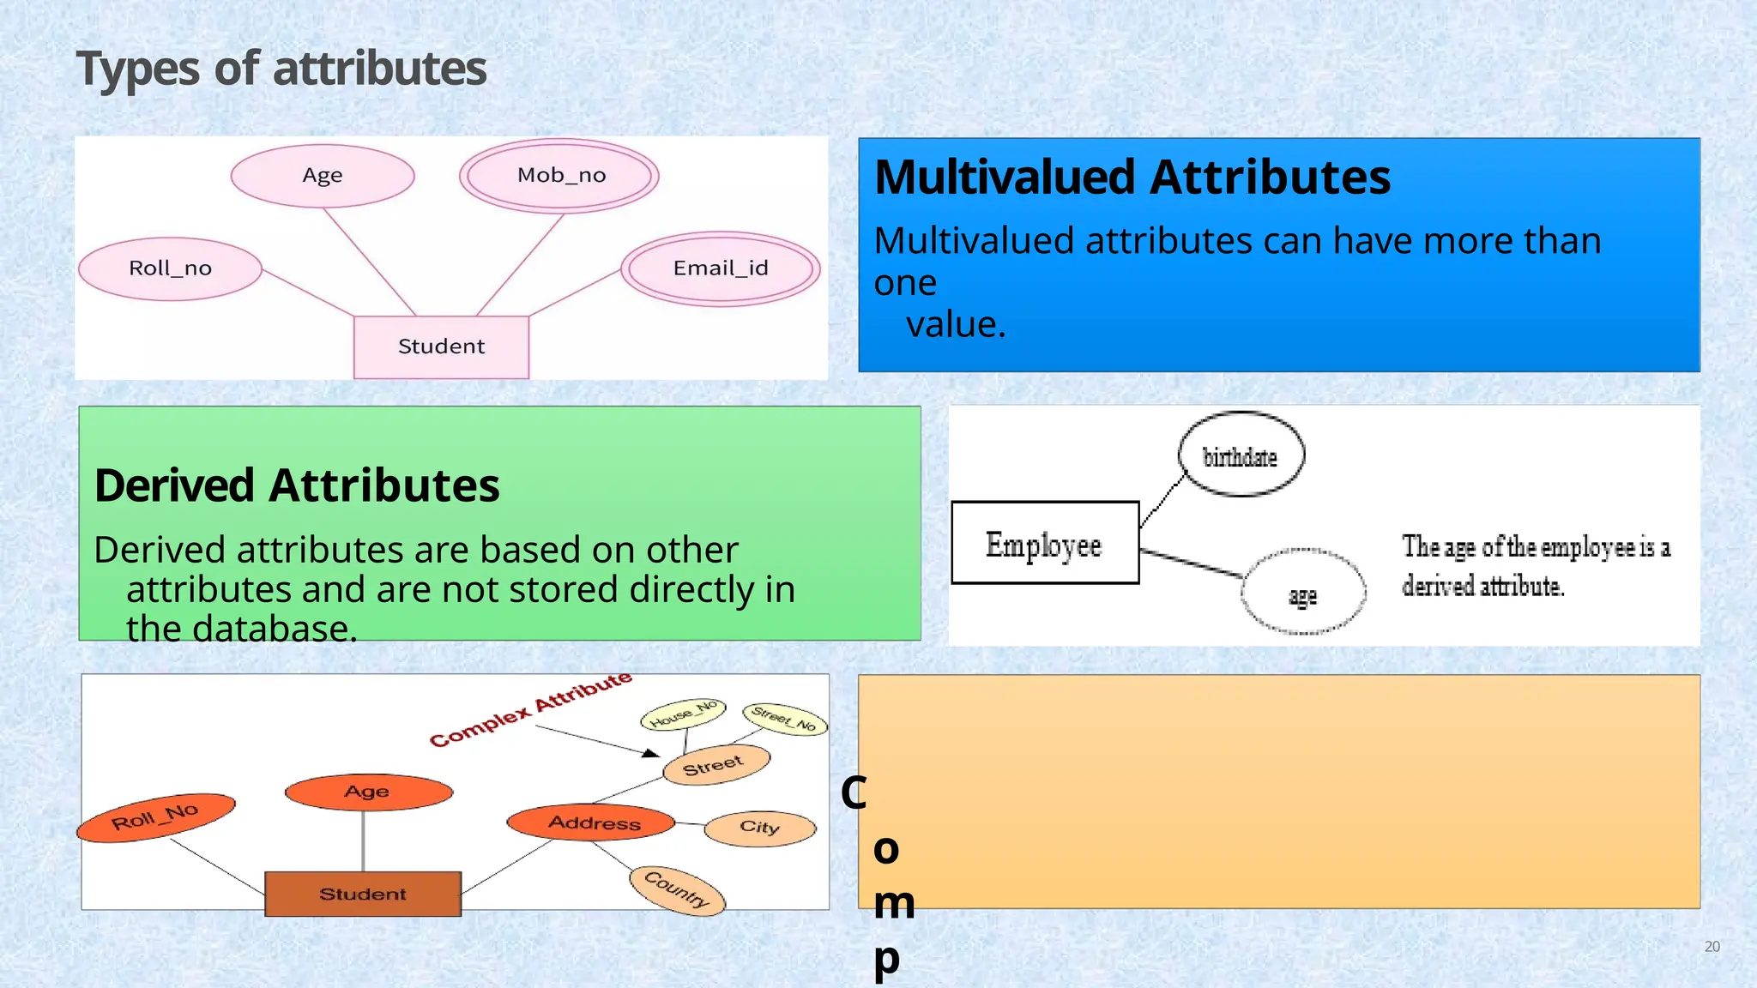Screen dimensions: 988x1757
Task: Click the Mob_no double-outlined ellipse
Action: click(559, 176)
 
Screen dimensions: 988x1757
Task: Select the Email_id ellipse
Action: click(721, 268)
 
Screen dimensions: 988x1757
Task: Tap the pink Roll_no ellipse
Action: click(170, 268)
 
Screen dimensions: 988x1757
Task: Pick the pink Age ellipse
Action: click(323, 176)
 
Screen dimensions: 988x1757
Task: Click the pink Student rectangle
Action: click(441, 346)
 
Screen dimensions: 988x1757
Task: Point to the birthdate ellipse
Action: click(1241, 455)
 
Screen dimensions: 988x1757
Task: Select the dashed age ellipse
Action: click(1302, 593)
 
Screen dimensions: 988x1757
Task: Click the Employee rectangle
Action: click(1044, 544)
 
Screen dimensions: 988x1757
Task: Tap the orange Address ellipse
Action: click(592, 822)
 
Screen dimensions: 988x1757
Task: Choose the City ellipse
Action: click(759, 828)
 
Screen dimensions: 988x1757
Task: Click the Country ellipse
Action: click(677, 889)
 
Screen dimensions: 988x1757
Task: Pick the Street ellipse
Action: click(715, 764)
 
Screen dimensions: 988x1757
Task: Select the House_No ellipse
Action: click(683, 714)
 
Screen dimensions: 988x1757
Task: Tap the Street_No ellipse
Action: click(784, 719)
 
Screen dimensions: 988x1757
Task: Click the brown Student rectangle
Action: click(363, 894)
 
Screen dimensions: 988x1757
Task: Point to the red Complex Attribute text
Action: click(530, 710)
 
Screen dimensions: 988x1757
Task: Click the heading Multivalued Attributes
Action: click(1132, 178)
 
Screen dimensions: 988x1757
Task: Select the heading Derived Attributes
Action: click(297, 485)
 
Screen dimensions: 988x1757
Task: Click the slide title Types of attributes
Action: click(281, 69)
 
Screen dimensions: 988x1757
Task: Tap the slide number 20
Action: click(1712, 947)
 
